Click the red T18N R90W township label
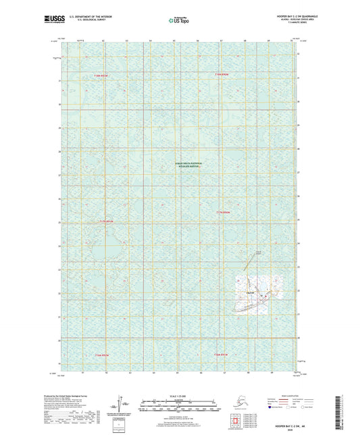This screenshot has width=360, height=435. pos(223,74)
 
